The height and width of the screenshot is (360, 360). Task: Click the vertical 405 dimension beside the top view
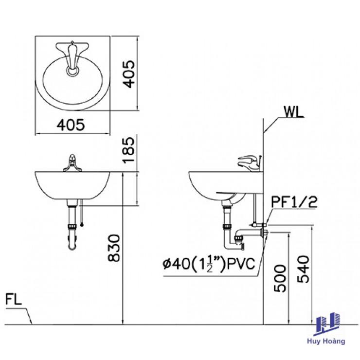point(128,74)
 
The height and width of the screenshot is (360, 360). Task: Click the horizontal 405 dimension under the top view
point(71,125)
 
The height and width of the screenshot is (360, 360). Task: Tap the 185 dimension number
point(128,150)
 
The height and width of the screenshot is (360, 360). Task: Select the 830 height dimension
point(114,248)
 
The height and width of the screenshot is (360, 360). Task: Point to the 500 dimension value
point(280,278)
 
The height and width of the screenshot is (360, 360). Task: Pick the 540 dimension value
point(303,269)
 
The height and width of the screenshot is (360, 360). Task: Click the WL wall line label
point(294,112)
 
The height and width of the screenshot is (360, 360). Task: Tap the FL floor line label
point(14,299)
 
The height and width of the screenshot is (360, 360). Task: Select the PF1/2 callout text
point(294,202)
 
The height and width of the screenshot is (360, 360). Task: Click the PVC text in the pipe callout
point(241,264)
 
